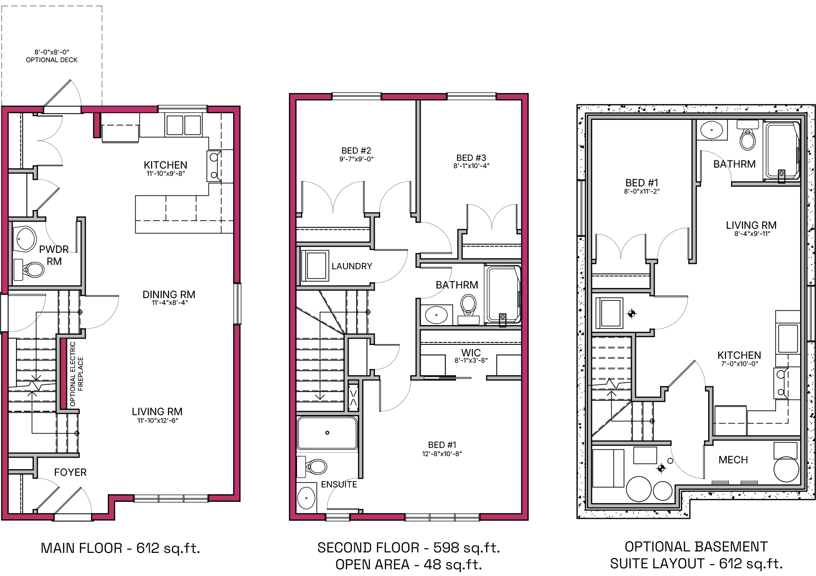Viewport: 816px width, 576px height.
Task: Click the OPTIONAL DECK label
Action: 52,60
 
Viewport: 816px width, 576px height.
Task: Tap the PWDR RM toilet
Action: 29,270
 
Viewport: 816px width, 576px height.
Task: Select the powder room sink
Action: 25,239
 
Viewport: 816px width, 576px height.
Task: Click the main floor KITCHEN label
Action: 166,165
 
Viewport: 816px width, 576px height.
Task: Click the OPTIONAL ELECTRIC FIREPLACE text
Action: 77,374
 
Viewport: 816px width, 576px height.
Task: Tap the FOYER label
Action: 70,472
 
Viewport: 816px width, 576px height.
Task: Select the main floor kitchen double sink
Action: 184,125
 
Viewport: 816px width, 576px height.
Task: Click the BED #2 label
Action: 356,150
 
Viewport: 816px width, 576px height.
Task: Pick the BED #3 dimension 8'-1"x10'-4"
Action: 471,166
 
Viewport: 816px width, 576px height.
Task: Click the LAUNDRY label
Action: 352,266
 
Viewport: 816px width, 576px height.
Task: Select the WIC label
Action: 471,353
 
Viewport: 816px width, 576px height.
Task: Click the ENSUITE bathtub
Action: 327,433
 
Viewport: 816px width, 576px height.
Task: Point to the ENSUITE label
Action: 339,484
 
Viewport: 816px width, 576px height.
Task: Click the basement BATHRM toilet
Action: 748,135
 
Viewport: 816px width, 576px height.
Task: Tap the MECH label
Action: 733,460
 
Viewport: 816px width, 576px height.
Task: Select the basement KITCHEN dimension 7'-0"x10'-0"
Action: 739,364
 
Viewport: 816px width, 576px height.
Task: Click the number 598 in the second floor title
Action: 446,548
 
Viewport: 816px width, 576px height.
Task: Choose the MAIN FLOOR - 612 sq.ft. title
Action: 120,549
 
